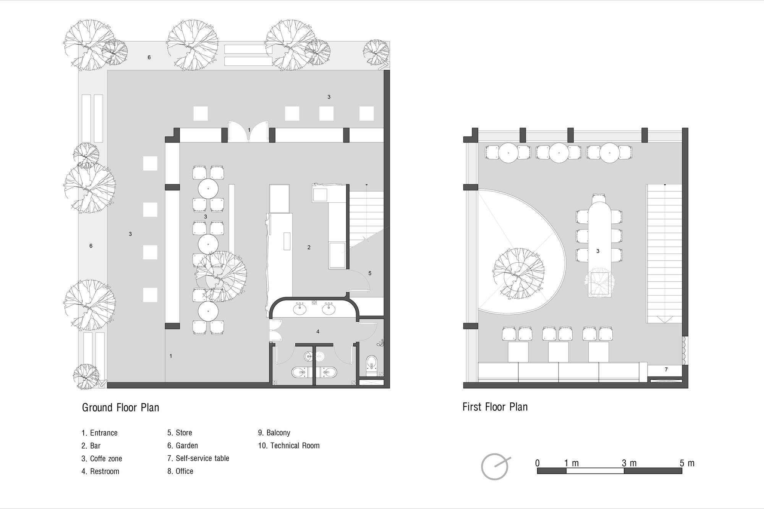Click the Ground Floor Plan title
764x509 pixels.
coord(120,407)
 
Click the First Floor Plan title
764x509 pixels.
coord(495,407)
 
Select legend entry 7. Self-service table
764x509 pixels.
coord(198,458)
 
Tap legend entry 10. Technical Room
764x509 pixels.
coord(289,446)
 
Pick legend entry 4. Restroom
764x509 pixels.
coord(100,471)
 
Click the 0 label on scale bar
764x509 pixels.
coord(537,463)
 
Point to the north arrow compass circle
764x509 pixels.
coord(494,467)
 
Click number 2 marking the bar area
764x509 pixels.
coord(309,247)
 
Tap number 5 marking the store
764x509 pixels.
coord(370,273)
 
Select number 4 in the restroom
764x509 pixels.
coord(318,332)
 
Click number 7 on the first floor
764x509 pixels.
coord(666,370)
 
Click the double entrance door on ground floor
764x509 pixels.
coord(249,132)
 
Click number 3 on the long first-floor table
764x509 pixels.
coord(598,251)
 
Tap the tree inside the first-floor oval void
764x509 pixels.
coord(519,273)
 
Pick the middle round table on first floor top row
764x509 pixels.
coord(559,153)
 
